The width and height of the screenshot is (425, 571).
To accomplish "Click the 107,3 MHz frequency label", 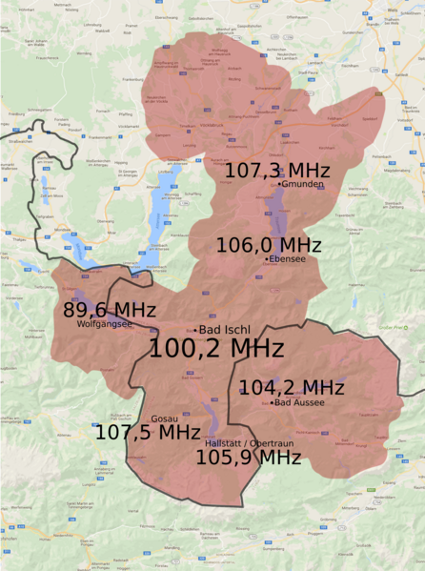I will coord(277,170).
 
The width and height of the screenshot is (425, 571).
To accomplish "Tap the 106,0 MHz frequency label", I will coord(269,244).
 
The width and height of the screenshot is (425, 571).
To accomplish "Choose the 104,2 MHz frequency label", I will coord(291,387).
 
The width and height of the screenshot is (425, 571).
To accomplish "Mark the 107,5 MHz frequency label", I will coord(147,432).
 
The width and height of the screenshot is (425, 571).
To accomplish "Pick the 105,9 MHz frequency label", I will coord(248,458).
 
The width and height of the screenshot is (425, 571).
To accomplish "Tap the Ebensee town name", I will coord(289,258).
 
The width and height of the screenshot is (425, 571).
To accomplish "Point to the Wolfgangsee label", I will coord(103,324).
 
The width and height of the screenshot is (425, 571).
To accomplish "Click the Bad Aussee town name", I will coord(300,402).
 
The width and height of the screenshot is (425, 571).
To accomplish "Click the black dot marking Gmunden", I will coord(279,184).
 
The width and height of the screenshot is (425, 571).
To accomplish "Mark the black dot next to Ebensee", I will coord(266,258).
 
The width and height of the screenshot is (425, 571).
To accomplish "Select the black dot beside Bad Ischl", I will coord(195,330).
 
